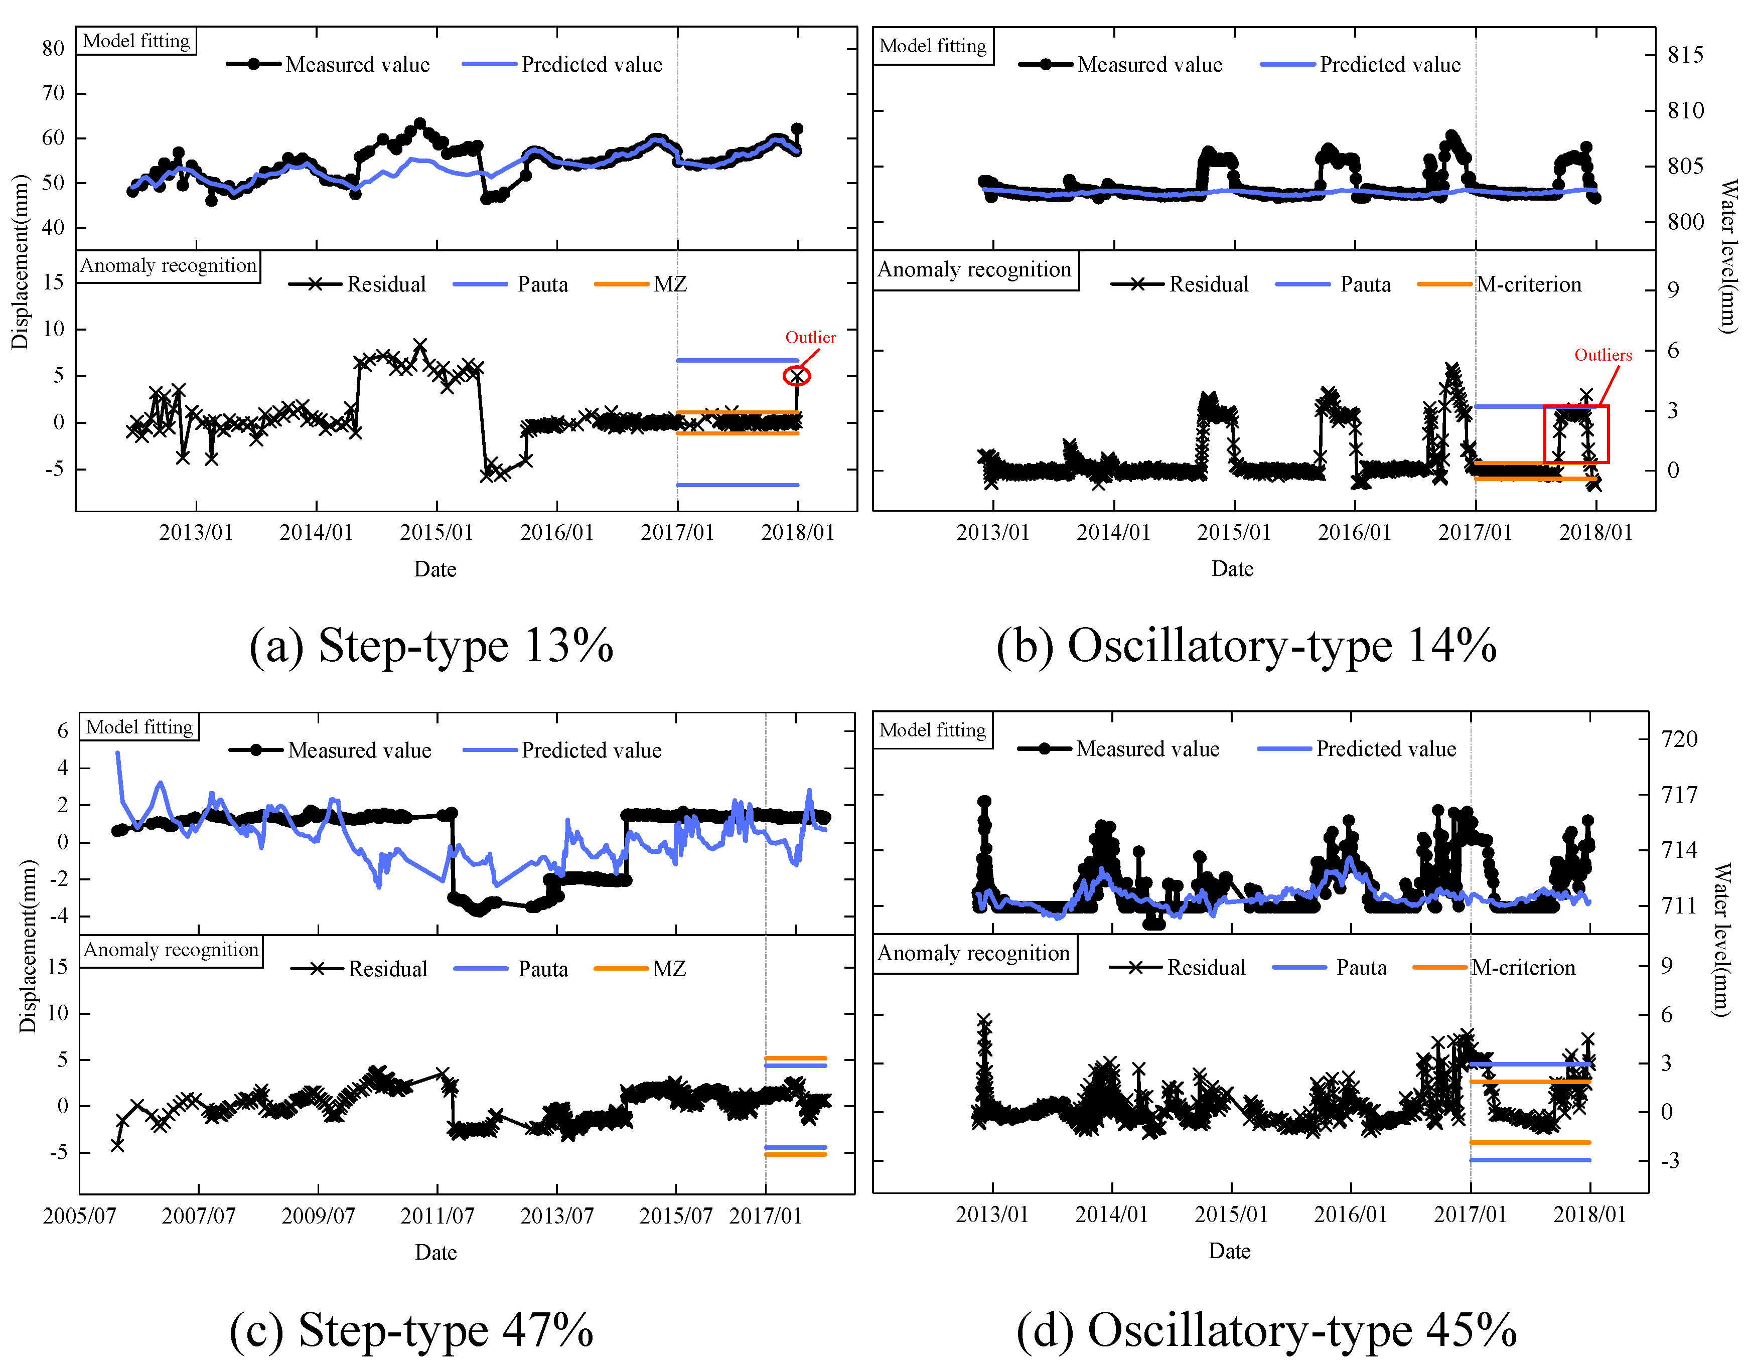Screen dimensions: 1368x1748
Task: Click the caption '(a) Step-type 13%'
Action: (x=431, y=646)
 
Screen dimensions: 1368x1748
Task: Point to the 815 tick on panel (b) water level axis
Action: (x=1685, y=55)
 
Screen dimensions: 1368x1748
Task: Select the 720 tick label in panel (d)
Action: (x=1679, y=738)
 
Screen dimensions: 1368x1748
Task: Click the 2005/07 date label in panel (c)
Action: (x=79, y=1216)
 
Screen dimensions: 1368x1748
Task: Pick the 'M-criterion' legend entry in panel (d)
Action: (x=1522, y=968)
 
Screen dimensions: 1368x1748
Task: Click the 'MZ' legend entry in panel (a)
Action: (x=670, y=284)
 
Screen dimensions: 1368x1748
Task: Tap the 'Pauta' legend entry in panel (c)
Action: (x=542, y=969)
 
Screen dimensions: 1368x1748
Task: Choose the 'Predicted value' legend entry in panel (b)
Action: (x=1389, y=64)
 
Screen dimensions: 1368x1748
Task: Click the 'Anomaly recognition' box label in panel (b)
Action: (x=974, y=270)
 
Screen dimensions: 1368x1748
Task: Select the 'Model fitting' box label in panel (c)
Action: (x=139, y=727)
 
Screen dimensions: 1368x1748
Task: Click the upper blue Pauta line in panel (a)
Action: (x=737, y=360)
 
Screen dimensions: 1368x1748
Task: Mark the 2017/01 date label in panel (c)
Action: (x=765, y=1216)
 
